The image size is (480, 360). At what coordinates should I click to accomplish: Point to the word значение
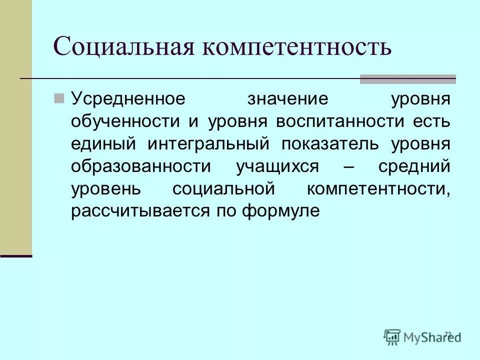pyautogui.click(x=281, y=98)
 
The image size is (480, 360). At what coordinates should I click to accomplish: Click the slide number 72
pyautogui.click(x=447, y=334)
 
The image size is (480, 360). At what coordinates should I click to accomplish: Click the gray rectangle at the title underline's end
pyautogui.click(x=407, y=79)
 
